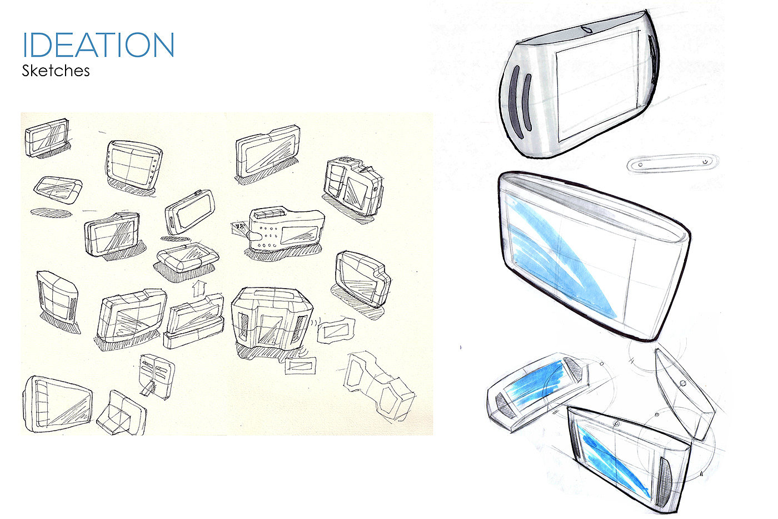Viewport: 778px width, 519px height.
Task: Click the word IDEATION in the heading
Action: click(x=98, y=45)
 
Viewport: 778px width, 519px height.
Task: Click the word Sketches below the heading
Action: click(x=56, y=71)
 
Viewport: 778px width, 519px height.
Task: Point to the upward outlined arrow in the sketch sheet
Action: click(x=199, y=288)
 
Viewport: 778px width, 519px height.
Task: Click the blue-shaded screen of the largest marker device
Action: click(x=562, y=257)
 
